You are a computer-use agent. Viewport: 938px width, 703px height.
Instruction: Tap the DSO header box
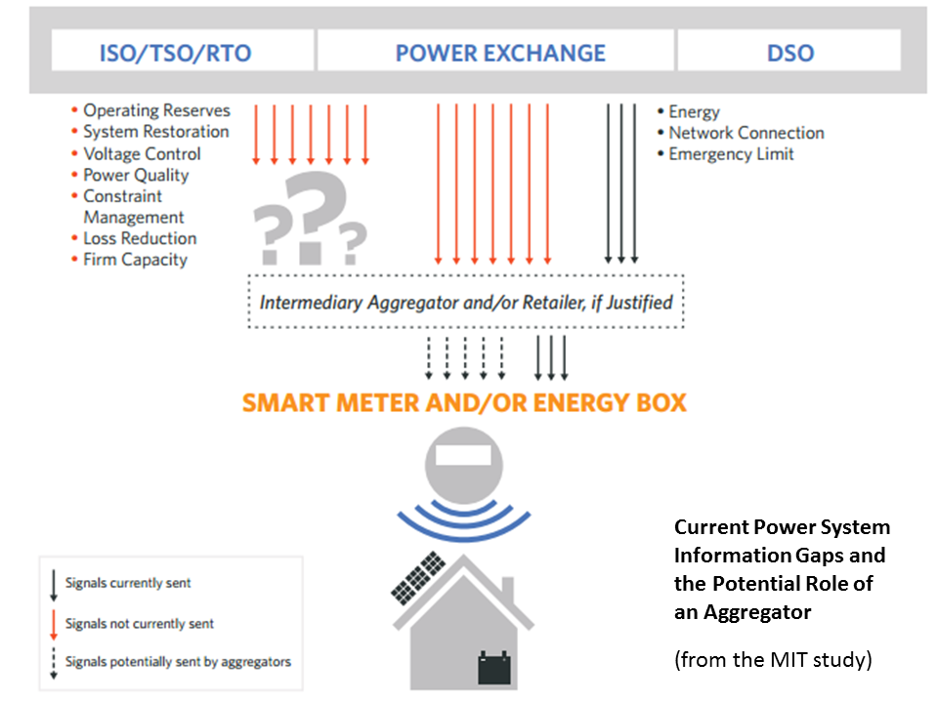point(789,51)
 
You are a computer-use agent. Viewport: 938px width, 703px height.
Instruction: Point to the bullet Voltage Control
point(142,153)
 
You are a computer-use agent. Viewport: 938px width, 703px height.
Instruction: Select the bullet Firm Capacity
point(135,260)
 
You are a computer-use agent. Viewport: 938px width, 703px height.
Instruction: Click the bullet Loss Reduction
point(140,238)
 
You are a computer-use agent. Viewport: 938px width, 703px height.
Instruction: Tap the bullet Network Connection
point(746,133)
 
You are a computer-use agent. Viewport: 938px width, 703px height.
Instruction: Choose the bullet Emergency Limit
point(731,154)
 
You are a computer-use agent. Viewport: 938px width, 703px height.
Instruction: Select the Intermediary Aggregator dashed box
point(466,302)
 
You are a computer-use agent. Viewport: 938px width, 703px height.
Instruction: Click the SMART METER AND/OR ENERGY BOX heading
point(464,402)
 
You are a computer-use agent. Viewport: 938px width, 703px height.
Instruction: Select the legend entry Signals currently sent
point(127,583)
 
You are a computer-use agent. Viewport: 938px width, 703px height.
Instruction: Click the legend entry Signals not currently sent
point(139,623)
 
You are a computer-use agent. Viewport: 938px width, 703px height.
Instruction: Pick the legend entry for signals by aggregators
point(177,661)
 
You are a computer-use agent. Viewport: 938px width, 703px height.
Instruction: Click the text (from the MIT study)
point(772,660)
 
